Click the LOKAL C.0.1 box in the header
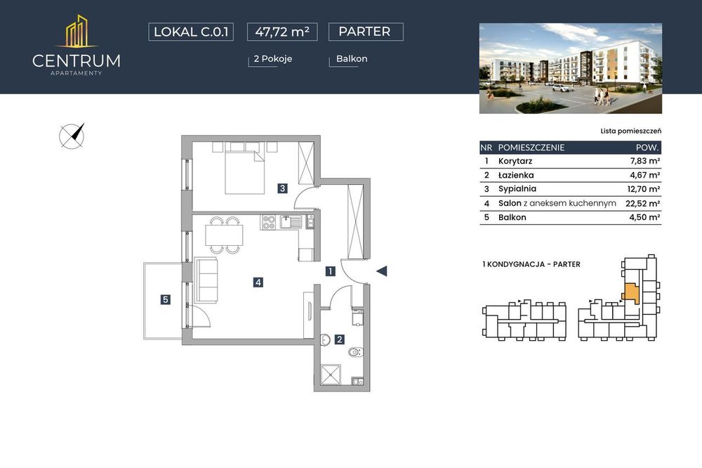(x=191, y=32)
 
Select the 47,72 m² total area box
(x=282, y=32)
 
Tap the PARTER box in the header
(x=366, y=32)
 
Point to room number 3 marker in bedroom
(x=282, y=189)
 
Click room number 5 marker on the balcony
(x=166, y=299)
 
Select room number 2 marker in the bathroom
(x=339, y=340)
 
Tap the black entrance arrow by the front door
(x=381, y=271)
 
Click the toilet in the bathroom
(x=357, y=352)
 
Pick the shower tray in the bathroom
(x=331, y=375)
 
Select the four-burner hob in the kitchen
(x=269, y=222)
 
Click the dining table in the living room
(x=225, y=235)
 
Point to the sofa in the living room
(x=206, y=280)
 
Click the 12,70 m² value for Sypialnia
(x=644, y=189)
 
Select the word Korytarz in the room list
(x=515, y=161)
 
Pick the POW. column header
(x=647, y=148)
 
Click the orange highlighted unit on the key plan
(x=630, y=292)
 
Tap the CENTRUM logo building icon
(x=77, y=32)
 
